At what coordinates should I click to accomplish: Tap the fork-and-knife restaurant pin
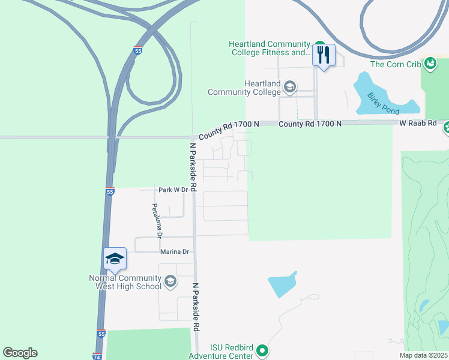coord(324,56)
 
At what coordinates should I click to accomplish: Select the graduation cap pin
coord(115,259)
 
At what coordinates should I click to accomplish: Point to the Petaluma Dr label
coord(156,220)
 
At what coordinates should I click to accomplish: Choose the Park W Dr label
coord(173,190)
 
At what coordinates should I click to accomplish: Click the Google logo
coord(20,353)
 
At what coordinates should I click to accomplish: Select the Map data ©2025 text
coord(424,355)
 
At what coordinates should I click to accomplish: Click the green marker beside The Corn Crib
coord(430,63)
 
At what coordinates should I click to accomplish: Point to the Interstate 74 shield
coord(97,356)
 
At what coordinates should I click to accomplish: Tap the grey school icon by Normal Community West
coord(170,281)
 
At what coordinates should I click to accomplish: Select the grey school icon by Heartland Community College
coord(289,88)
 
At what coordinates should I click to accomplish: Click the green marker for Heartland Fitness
coord(319,44)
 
